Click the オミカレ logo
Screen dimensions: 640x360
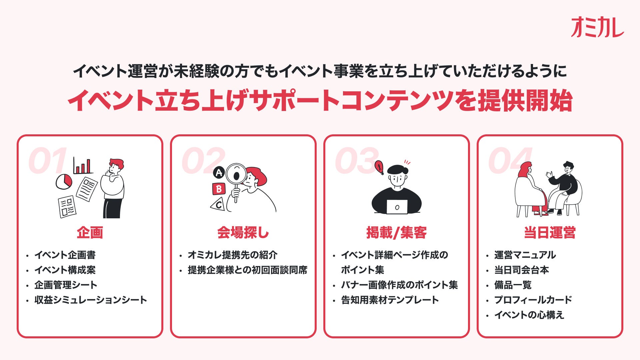(597, 27)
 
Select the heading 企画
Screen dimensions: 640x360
(90, 233)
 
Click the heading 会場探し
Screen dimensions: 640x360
(243, 233)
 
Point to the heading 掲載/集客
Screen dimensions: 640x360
(396, 233)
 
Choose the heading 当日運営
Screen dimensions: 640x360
(550, 233)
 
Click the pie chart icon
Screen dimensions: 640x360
(64, 181)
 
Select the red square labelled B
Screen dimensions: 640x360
(219, 189)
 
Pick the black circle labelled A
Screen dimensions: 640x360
(219, 173)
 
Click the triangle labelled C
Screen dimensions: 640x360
(218, 205)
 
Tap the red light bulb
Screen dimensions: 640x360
(379, 166)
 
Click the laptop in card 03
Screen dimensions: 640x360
(397, 207)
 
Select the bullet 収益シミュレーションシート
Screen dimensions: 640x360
(91, 300)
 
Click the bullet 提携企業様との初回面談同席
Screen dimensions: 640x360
(247, 270)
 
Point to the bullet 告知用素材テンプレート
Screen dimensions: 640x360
(390, 300)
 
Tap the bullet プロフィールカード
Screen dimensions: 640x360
(533, 300)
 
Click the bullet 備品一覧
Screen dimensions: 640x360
(513, 285)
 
